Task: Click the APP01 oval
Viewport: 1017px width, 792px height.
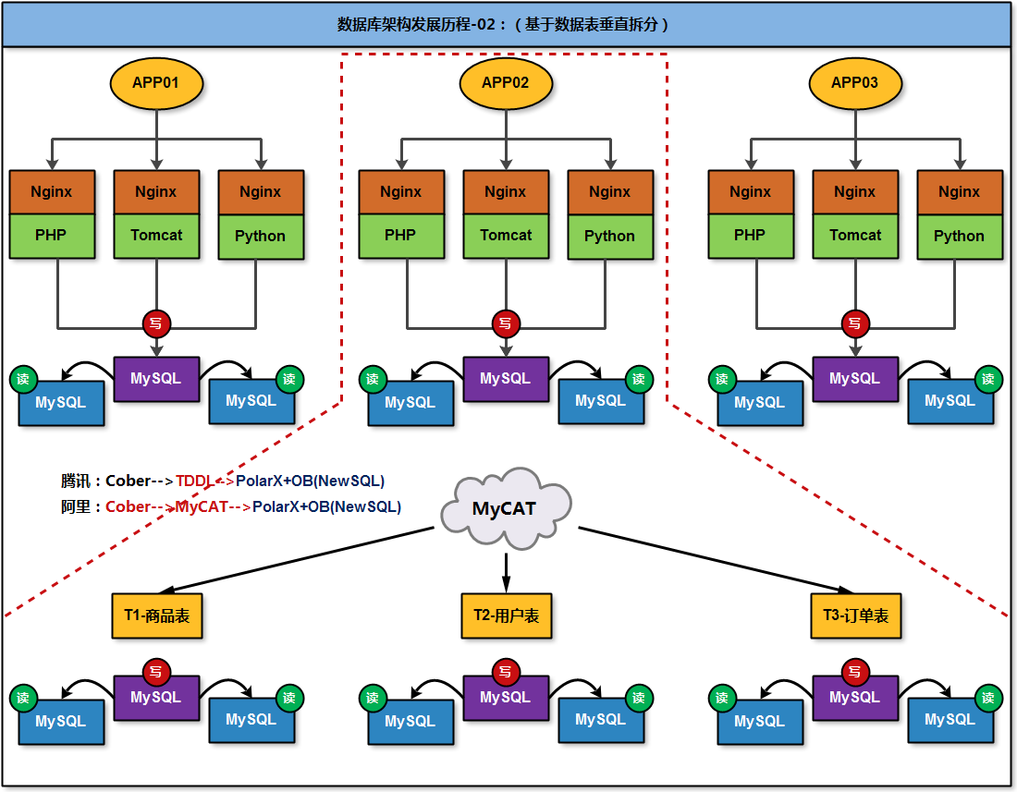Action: point(156,83)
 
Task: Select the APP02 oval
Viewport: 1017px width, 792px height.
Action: point(506,83)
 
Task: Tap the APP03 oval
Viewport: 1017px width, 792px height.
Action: point(854,83)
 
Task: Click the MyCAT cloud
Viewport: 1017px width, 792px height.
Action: point(504,508)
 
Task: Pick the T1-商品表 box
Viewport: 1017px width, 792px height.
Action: point(157,615)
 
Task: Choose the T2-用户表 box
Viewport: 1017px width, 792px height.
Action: point(506,615)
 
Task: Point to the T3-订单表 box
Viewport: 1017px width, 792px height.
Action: point(855,615)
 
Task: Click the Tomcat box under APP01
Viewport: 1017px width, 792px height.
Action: point(156,236)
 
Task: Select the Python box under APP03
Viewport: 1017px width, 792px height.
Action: point(959,237)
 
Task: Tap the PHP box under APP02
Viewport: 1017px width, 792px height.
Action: point(400,236)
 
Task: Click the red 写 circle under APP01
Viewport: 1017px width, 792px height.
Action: point(156,323)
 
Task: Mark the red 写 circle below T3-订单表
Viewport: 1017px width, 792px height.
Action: point(855,672)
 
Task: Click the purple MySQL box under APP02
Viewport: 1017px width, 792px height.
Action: point(505,379)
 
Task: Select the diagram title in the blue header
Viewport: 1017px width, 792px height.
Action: point(504,25)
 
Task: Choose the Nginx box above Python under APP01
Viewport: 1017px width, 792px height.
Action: point(261,192)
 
